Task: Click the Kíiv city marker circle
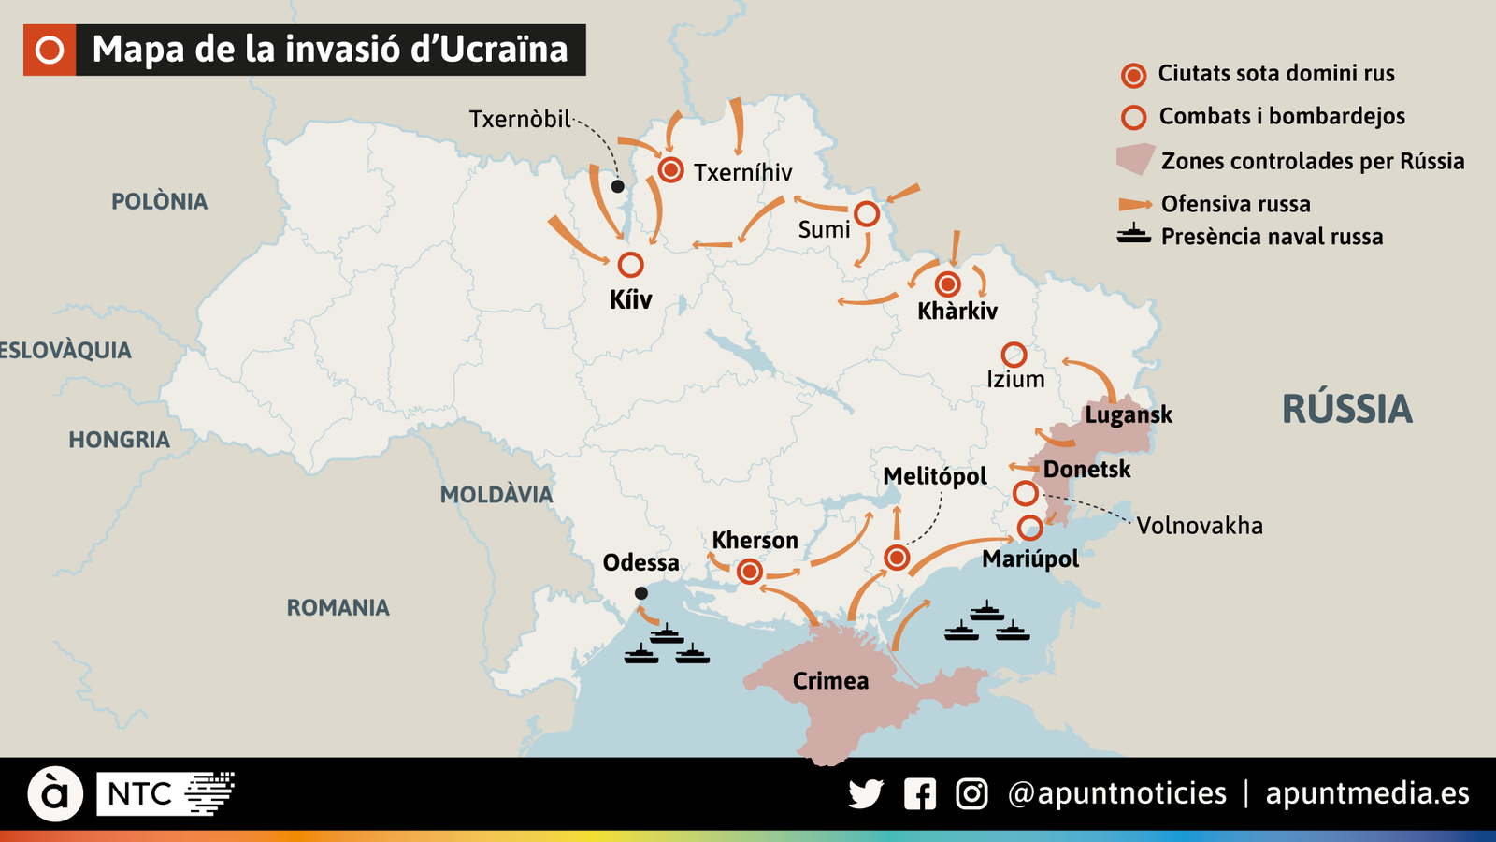631,265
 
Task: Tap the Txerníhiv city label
742,172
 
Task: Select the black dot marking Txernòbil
617,187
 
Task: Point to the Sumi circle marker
867,214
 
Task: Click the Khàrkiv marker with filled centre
948,283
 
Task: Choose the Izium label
1015,380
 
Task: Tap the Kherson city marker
749,572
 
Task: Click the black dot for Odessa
641,593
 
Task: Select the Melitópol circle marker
897,559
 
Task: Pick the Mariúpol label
1030,559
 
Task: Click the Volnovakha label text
1200,526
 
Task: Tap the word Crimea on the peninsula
830,681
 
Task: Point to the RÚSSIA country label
1346,410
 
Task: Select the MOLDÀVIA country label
496,495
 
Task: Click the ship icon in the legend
1133,235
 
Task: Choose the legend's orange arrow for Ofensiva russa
1134,204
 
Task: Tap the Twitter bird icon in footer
866,794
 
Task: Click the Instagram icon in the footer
971,794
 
